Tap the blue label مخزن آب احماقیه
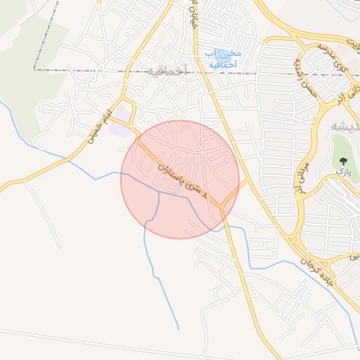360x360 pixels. coord(223,59)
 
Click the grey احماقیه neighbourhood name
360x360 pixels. coord(169,70)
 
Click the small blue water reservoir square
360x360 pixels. coord(173,47)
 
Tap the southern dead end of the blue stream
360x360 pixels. coord(178,328)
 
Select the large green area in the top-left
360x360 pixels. coord(28,63)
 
